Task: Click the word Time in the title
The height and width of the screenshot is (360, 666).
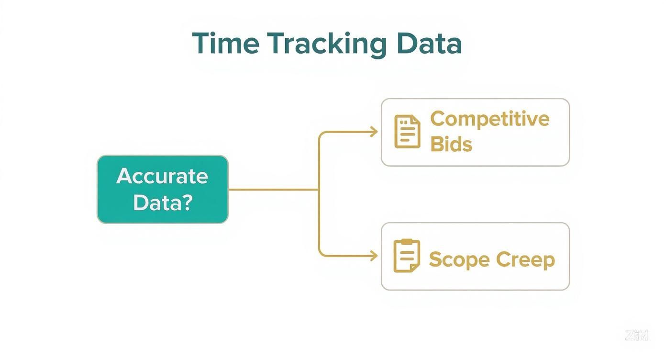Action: [x=225, y=44]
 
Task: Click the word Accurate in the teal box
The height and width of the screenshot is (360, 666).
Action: [x=162, y=176]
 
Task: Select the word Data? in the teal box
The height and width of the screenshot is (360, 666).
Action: [x=162, y=202]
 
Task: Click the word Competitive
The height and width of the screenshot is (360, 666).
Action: [x=489, y=119]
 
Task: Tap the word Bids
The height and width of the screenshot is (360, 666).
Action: [x=451, y=144]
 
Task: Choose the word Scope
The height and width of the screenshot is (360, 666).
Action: [x=459, y=260]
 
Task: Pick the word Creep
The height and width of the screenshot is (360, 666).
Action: [x=525, y=260]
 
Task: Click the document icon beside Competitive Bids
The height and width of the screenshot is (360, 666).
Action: [x=407, y=131]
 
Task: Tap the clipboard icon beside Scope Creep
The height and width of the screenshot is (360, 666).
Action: [x=407, y=256]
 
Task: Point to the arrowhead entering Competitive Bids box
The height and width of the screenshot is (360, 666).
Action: [x=375, y=132]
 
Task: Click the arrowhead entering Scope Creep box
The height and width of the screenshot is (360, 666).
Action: [x=375, y=257]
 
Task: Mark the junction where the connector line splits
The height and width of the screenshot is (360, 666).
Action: [x=319, y=190]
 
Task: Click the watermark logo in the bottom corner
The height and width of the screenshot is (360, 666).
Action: [x=636, y=335]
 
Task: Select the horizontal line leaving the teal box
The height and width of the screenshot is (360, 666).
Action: [x=273, y=190]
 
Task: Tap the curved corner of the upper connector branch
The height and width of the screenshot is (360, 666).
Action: [x=322, y=135]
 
